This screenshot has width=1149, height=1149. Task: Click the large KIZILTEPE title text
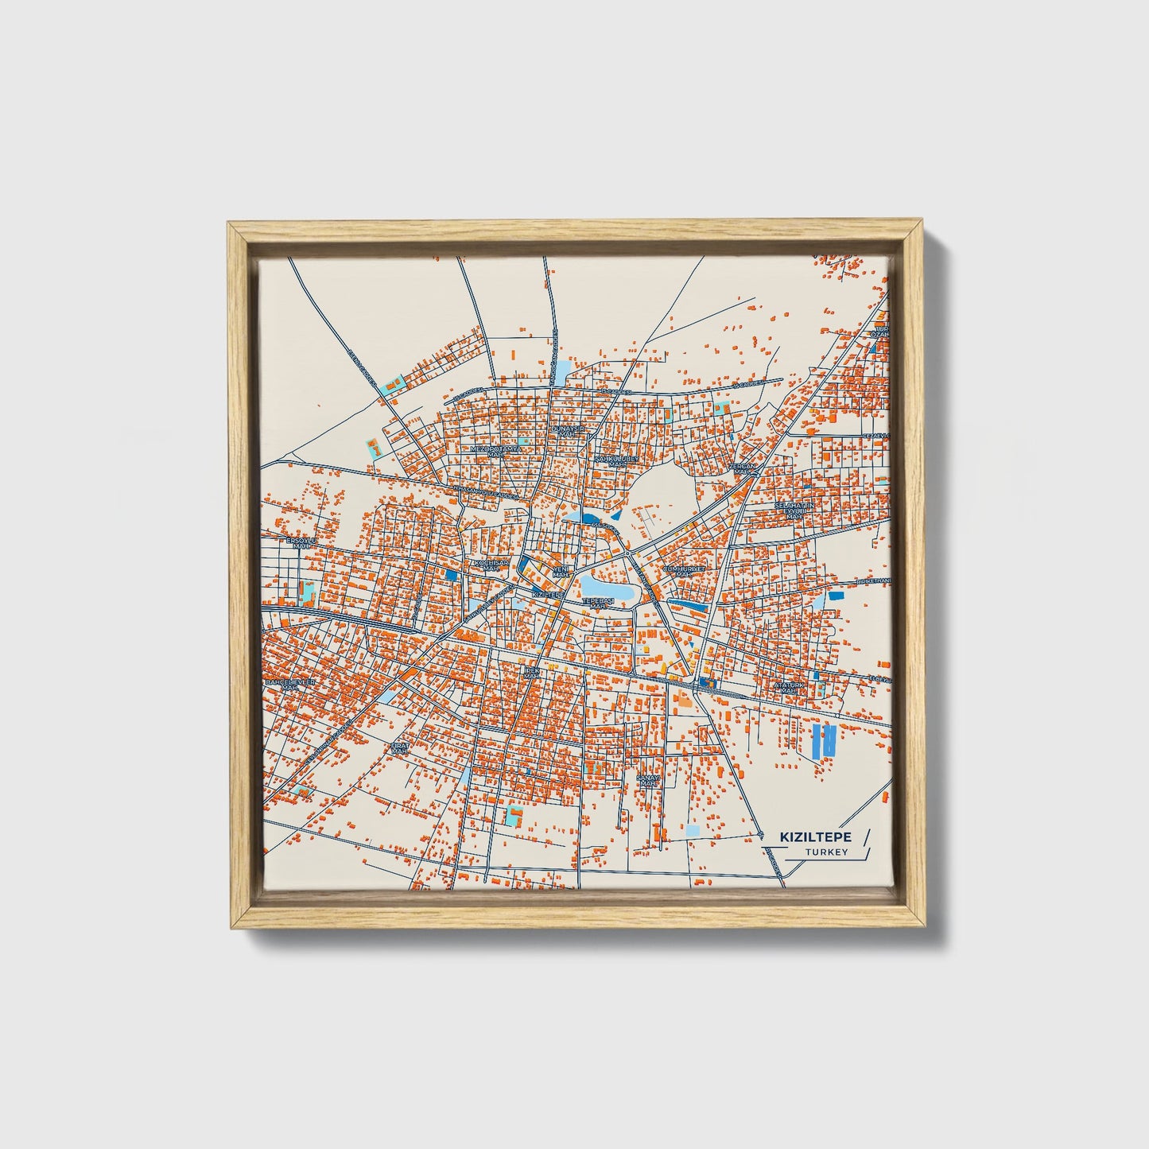pyautogui.click(x=816, y=837)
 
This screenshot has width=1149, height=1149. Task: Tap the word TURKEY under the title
pyautogui.click(x=826, y=852)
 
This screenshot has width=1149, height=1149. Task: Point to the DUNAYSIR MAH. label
pyautogui.click(x=568, y=431)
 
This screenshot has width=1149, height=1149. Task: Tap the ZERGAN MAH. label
pyautogui.click(x=742, y=468)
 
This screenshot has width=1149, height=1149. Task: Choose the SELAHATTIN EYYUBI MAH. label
pyautogui.click(x=793, y=510)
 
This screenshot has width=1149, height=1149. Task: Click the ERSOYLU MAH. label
pyautogui.click(x=301, y=543)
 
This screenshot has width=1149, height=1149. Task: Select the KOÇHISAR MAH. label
pyautogui.click(x=491, y=565)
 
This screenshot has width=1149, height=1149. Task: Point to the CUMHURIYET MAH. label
pyautogui.click(x=684, y=572)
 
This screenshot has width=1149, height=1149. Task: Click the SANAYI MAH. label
pyautogui.click(x=649, y=782)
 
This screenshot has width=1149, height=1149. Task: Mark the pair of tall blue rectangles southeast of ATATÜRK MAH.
pyautogui.click(x=824, y=740)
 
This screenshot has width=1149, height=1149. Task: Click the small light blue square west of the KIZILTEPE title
pyautogui.click(x=693, y=831)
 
